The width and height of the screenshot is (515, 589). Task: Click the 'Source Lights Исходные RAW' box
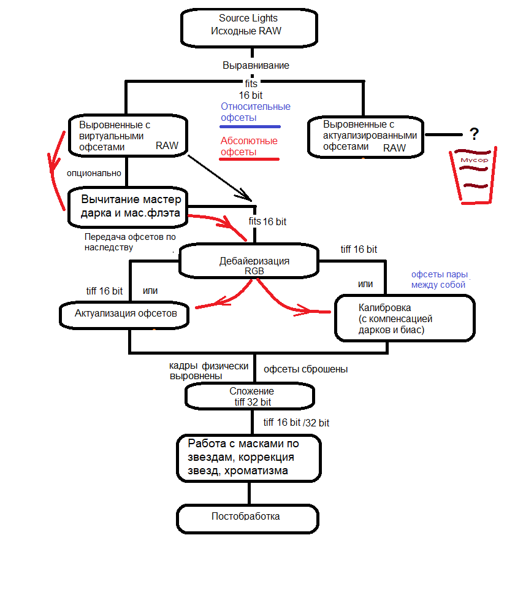(x=249, y=28)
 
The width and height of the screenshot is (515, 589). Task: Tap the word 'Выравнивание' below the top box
(x=256, y=66)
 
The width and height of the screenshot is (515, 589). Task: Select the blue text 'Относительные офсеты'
(x=255, y=112)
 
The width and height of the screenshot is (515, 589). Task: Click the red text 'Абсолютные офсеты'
(x=249, y=146)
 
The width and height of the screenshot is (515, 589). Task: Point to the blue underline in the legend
(x=250, y=126)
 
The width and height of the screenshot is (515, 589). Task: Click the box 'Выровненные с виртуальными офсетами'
(x=128, y=136)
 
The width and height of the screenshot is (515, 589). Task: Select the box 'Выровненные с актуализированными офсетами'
(x=365, y=137)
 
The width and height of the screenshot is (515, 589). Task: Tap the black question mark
(x=475, y=134)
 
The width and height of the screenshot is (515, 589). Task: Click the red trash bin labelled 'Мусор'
(x=473, y=176)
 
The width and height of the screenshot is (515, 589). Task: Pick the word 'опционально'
(x=94, y=173)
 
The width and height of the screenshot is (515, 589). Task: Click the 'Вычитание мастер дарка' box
(x=128, y=207)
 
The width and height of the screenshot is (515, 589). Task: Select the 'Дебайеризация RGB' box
(x=249, y=261)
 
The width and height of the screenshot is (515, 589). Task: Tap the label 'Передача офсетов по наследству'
(x=130, y=242)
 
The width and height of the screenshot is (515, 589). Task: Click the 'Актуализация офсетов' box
(x=124, y=315)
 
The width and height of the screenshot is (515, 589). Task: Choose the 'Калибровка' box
(x=405, y=318)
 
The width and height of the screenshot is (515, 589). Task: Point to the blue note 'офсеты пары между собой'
(x=439, y=280)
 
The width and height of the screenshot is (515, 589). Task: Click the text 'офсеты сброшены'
(x=305, y=369)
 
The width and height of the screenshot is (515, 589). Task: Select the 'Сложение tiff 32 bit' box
(x=250, y=396)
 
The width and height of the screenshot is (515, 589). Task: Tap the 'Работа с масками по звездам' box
(x=249, y=458)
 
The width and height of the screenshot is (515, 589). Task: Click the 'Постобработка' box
(x=248, y=519)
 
